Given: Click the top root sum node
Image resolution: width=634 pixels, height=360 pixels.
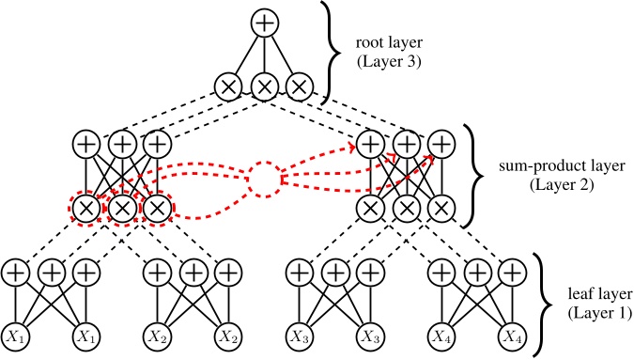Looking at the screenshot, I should (x=264, y=21).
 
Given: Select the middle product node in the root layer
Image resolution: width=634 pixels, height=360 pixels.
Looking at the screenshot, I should (x=264, y=87).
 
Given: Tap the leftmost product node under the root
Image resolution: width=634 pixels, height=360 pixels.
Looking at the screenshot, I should (x=228, y=87).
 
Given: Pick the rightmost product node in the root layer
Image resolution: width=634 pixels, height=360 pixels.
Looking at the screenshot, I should (x=300, y=87).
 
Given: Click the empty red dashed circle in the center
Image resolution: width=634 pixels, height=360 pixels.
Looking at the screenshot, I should (x=264, y=179).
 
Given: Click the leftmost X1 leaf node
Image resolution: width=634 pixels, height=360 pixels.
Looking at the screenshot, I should (x=15, y=337).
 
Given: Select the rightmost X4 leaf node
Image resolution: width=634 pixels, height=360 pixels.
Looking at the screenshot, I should (x=510, y=337).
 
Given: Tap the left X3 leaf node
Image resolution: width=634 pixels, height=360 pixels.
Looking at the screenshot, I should (x=299, y=337).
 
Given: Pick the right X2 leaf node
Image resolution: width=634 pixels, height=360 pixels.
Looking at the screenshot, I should (x=227, y=337).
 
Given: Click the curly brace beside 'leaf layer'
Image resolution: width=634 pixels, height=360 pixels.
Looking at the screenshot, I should (x=544, y=305).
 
